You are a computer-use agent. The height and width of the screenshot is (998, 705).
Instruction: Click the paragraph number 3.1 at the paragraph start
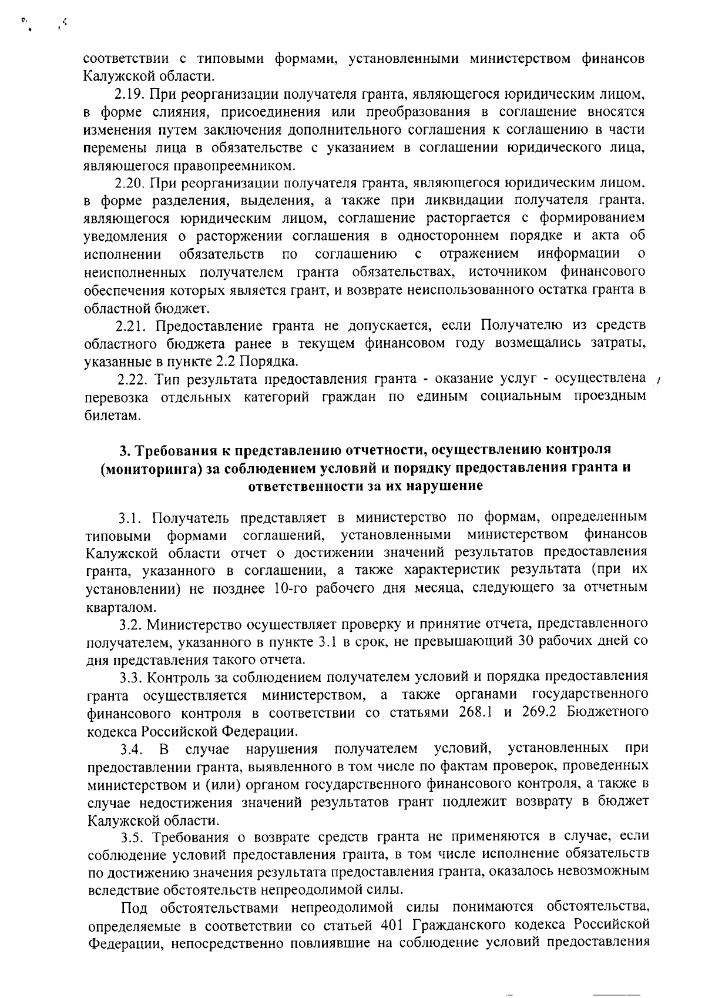click(132, 518)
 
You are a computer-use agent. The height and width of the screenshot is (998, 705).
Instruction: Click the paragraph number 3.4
click(132, 749)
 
